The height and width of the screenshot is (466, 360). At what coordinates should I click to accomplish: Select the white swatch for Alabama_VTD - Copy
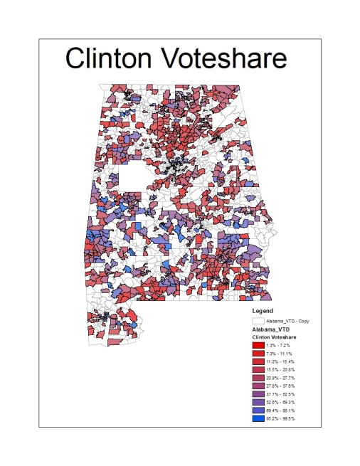pos(258,321)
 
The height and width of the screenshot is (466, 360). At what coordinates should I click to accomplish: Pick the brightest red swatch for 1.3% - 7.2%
pos(258,346)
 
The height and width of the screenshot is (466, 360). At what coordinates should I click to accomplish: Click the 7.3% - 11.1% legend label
pos(280,354)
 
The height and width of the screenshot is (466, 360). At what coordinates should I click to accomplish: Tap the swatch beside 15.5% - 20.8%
pos(258,370)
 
